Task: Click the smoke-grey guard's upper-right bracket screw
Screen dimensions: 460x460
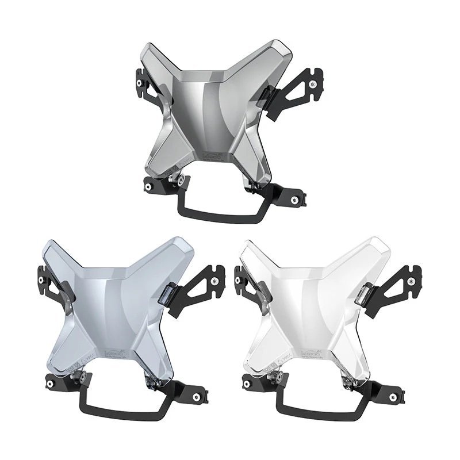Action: tap(312, 85)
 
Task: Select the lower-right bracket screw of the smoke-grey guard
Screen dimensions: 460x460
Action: tap(294, 200)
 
